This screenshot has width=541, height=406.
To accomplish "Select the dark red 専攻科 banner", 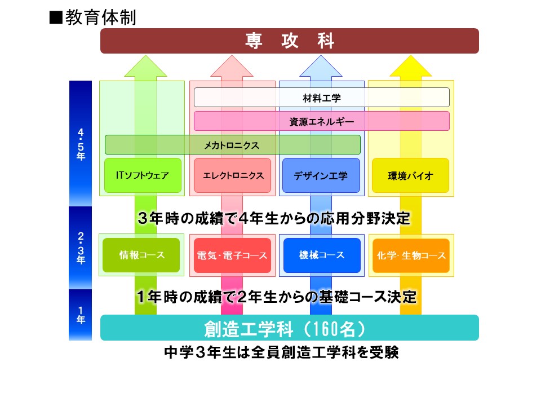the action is point(290,41).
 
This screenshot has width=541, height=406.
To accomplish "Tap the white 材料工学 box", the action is point(322,98).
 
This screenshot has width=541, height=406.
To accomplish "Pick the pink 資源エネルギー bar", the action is point(322,121).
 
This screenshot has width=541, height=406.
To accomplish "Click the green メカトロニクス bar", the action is point(233,145).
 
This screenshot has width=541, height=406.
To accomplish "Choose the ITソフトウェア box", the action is point(143,175).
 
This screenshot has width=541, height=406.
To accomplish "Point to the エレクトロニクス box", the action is point(233,175).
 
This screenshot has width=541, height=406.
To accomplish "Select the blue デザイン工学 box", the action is point(321,175).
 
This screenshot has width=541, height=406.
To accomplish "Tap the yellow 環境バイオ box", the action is point(411,175).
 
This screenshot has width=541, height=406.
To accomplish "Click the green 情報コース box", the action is point(141,255).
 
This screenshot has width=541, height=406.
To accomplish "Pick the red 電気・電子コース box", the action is point(233,255).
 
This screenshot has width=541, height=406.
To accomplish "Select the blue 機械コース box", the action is point(322,255).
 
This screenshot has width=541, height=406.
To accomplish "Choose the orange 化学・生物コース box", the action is point(411,255).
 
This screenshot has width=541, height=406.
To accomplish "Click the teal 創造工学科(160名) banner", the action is point(290,328).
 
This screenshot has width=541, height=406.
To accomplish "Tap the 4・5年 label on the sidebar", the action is point(81,144).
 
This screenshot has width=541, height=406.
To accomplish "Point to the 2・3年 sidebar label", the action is point(81,248).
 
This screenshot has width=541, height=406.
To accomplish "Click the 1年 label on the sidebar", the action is point(81,315).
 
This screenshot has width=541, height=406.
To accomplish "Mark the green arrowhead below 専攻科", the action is point(145,66).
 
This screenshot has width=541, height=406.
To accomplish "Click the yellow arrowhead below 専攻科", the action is point(411,66).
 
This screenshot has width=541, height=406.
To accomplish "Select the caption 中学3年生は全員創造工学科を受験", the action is point(282,352).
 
